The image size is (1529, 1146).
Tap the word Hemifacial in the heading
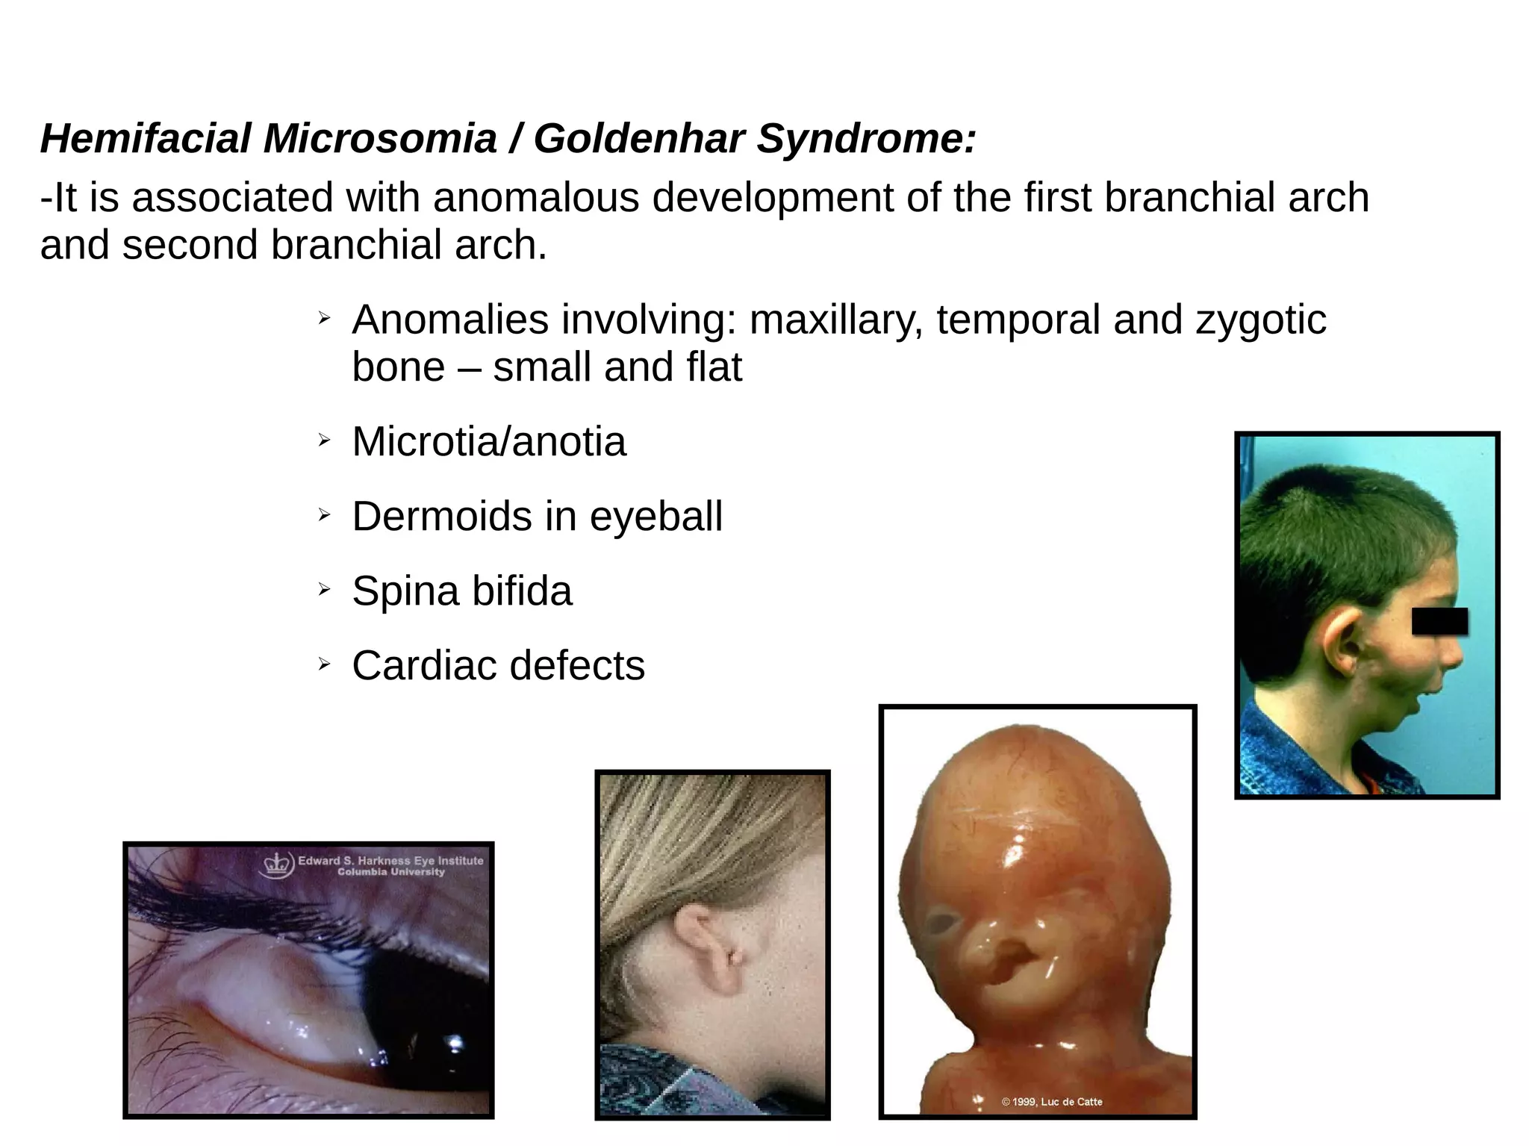coord(146,139)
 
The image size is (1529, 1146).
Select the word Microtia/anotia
coord(489,441)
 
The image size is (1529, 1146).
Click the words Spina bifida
coord(462,591)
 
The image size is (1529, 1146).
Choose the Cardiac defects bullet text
coord(498,665)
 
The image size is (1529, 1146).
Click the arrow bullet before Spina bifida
coord(323,590)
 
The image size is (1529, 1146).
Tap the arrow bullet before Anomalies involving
coord(323,319)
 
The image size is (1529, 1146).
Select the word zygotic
coord(1261,320)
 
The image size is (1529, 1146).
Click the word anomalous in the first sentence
coord(535,198)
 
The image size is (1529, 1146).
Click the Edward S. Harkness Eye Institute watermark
coord(390,860)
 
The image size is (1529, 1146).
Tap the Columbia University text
coord(390,872)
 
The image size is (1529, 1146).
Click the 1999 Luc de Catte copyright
coord(1051,1101)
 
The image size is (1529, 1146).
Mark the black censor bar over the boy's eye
coord(1439,621)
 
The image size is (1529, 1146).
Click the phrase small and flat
coord(617,367)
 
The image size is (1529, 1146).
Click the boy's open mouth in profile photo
coord(1427,703)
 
